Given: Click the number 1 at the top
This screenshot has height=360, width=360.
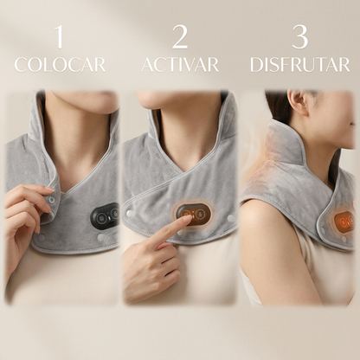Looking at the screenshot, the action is (x=59, y=37).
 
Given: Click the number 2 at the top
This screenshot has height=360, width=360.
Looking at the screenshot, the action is (x=180, y=37).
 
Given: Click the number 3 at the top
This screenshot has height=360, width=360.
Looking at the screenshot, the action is (x=300, y=37).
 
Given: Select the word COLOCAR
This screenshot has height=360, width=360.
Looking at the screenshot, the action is (x=60, y=65).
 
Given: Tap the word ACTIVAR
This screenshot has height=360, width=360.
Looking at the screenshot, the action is (x=180, y=65).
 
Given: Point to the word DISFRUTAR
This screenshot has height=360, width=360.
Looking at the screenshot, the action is (x=300, y=65).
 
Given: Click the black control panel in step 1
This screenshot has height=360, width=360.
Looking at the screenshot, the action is (x=105, y=216).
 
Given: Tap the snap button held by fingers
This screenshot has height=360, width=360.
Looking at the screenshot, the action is (x=52, y=199).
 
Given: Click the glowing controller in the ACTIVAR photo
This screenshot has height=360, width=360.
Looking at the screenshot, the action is (x=193, y=214).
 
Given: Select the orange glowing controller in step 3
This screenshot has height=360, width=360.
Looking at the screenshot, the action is (x=344, y=222).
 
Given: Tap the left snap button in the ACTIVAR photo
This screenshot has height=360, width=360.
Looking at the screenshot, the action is (x=130, y=214).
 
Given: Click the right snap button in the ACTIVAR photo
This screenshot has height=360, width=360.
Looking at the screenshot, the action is (x=230, y=218).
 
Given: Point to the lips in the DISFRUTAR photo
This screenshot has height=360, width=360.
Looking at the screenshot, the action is (x=352, y=124).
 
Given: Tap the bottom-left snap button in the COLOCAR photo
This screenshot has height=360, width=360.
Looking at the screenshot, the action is (x=42, y=238).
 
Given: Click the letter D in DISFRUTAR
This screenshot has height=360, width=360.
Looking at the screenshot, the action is (x=256, y=65).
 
